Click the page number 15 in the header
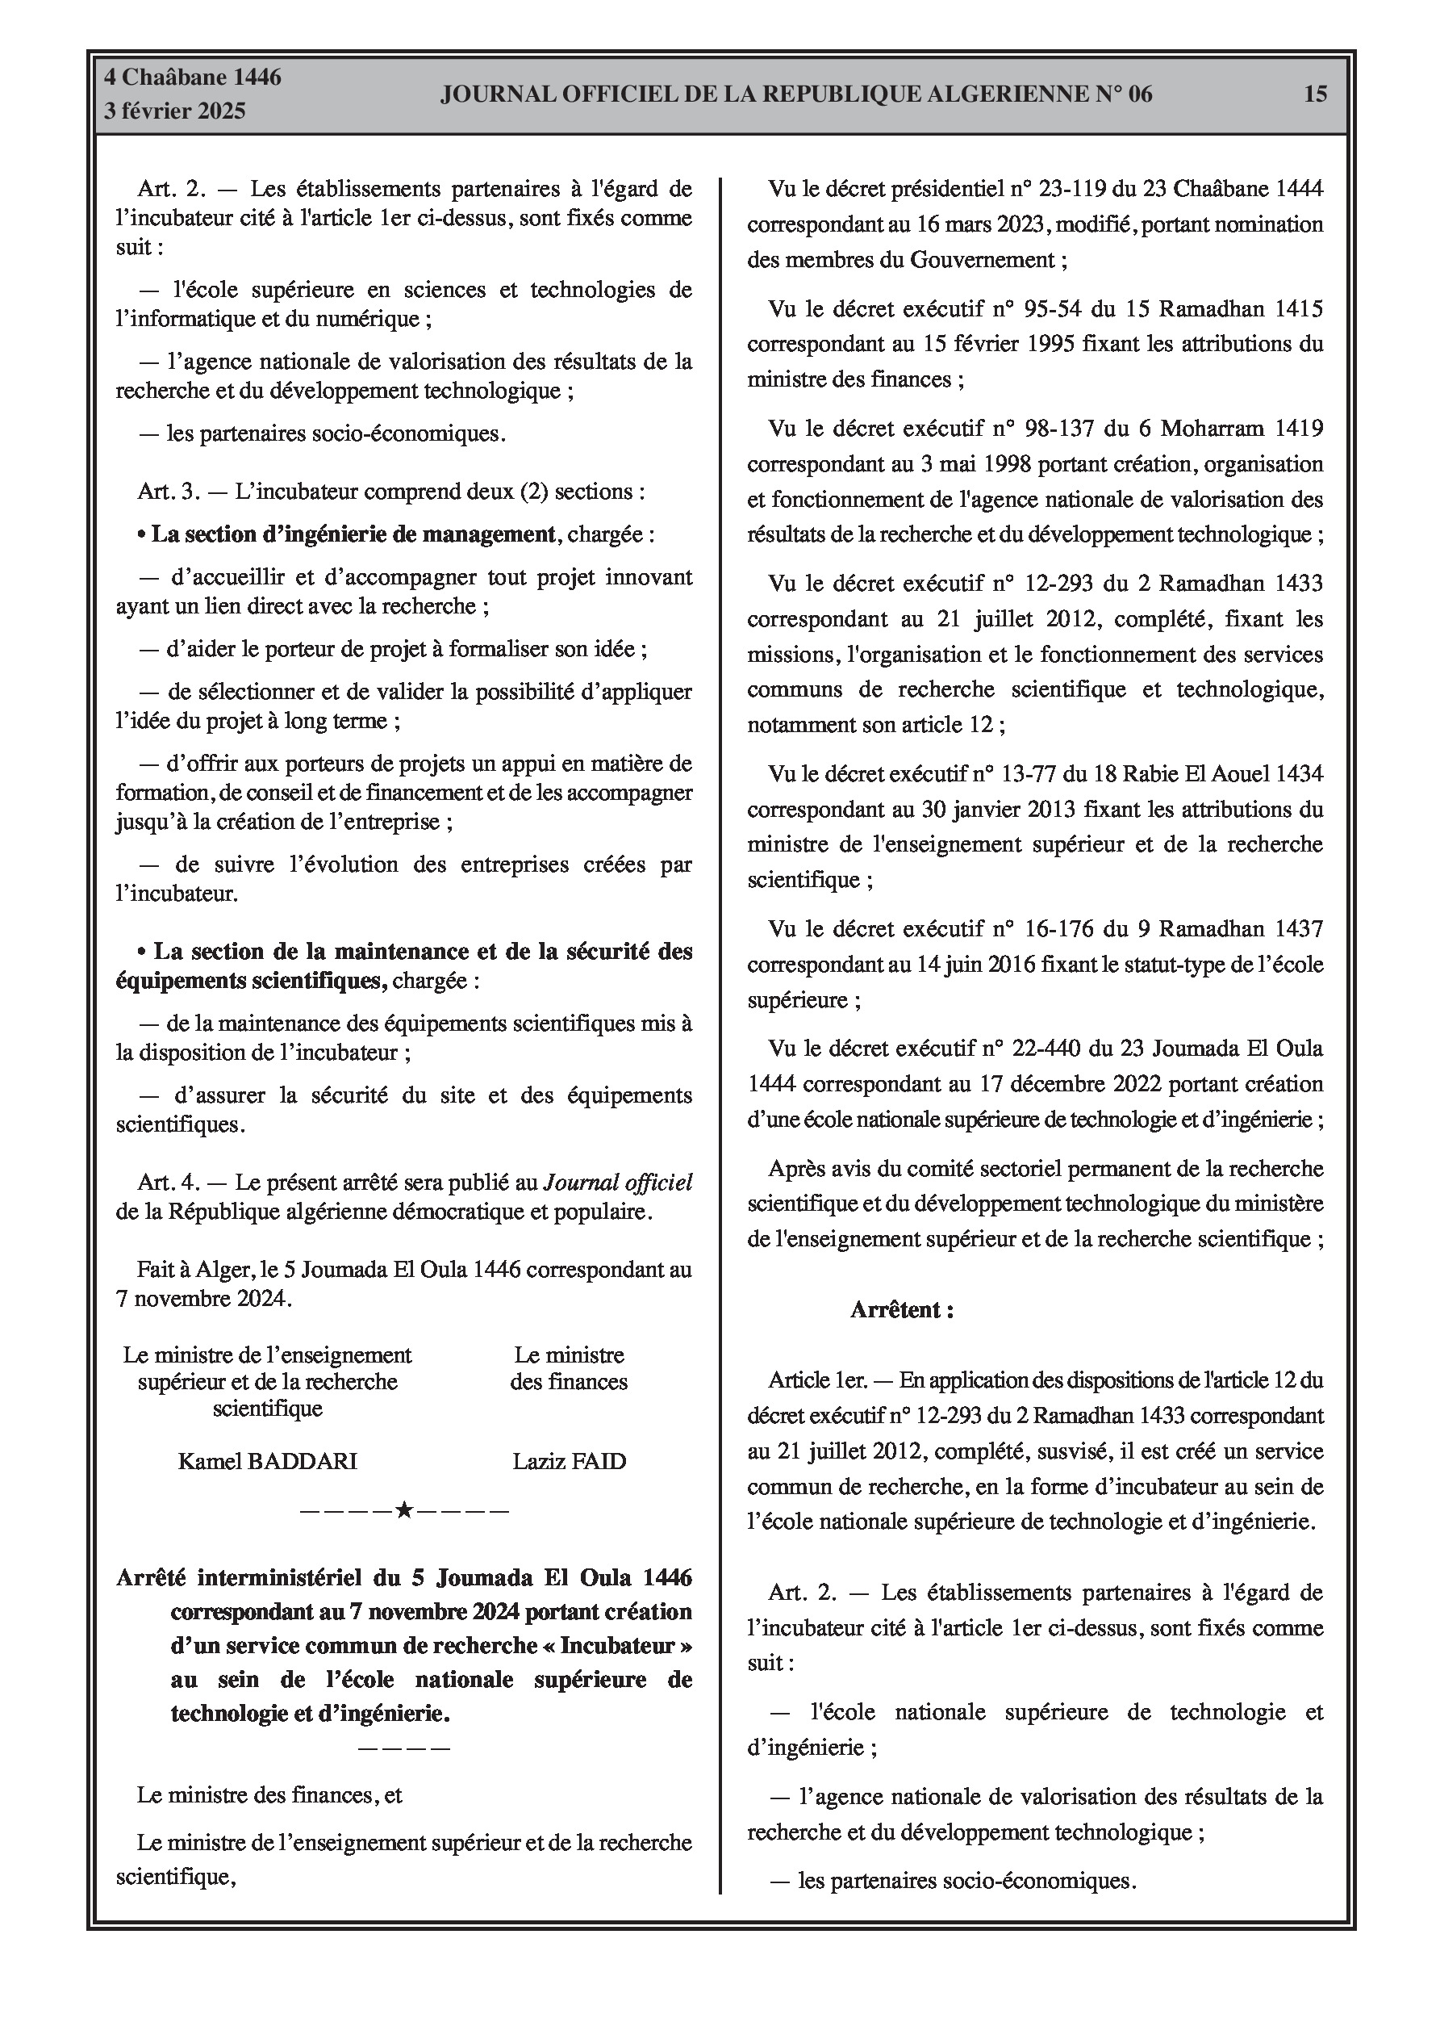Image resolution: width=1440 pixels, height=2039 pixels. (1315, 94)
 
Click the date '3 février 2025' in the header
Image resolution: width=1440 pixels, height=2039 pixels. (175, 112)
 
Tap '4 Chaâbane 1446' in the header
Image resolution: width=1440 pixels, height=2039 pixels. (193, 77)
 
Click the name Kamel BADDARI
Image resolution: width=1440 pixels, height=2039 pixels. (267, 1462)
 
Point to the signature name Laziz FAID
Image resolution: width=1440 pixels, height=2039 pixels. (569, 1462)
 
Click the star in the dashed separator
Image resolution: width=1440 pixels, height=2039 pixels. (404, 1510)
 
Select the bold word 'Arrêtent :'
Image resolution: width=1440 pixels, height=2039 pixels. (902, 1310)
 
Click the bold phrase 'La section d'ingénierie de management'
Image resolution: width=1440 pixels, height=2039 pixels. (353, 534)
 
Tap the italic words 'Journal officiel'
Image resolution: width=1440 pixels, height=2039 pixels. (618, 1183)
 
